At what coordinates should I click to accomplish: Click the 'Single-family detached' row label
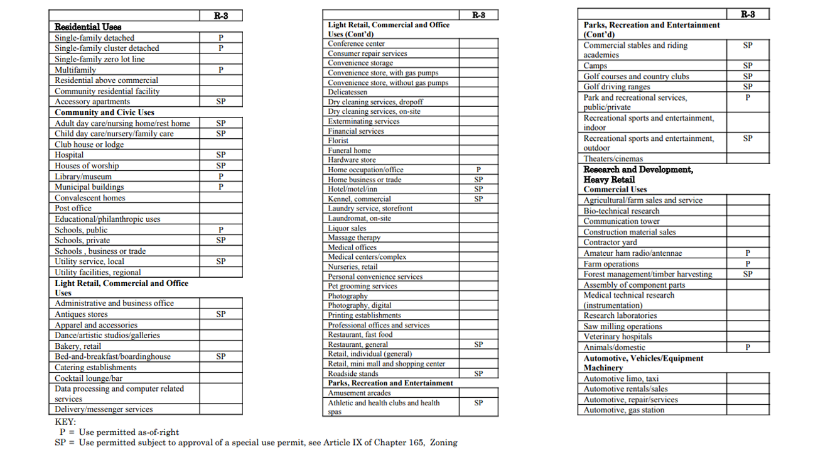click(94, 38)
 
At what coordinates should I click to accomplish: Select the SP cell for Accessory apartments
click(221, 101)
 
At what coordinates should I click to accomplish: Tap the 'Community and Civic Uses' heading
click(104, 112)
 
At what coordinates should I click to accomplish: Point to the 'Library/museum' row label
click(83, 177)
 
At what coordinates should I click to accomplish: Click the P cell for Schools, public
click(221, 230)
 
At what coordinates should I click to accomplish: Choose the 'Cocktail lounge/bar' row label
click(89, 378)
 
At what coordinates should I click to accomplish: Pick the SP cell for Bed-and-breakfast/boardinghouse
click(221, 356)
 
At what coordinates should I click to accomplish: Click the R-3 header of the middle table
click(478, 14)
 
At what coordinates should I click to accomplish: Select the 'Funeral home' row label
click(349, 150)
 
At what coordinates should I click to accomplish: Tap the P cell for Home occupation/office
click(478, 170)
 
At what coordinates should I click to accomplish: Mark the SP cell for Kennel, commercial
click(478, 199)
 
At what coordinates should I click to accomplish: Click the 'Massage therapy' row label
click(354, 238)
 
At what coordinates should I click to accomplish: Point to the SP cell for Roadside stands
click(478, 373)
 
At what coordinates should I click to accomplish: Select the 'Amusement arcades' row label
click(359, 393)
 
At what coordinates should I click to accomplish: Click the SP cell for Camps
click(748, 65)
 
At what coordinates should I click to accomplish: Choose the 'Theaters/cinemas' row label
click(613, 159)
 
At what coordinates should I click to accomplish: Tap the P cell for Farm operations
click(748, 264)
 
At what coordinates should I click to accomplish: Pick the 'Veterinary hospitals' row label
click(618, 337)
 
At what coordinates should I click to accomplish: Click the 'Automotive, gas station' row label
click(624, 410)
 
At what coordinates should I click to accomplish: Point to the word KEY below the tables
click(65, 422)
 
